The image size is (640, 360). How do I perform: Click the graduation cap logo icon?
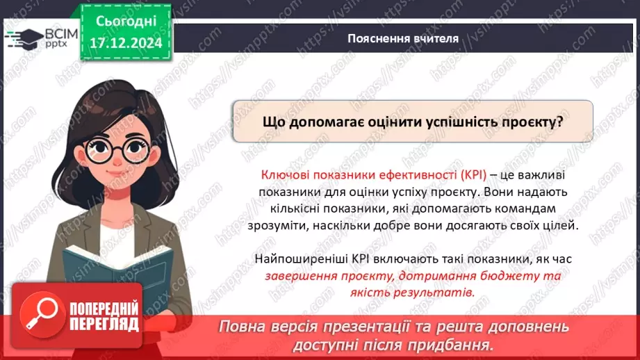pyautogui.click(x=23, y=38)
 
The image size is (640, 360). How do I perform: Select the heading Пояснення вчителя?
pyautogui.click(x=403, y=39)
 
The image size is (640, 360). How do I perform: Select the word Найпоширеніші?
pyautogui.click(x=298, y=259)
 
